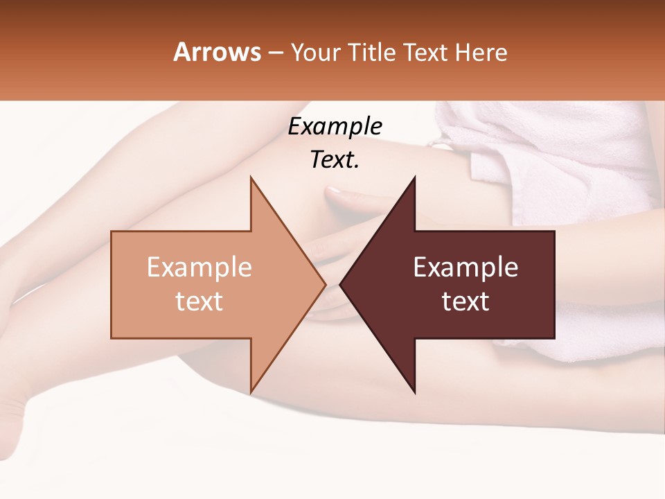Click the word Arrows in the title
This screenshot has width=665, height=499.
(217, 52)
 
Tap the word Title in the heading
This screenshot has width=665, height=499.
(371, 52)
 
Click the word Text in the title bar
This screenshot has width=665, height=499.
(425, 52)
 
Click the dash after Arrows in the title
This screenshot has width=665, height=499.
(275, 53)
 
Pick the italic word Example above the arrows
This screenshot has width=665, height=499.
(335, 127)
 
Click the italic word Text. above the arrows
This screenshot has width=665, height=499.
(335, 160)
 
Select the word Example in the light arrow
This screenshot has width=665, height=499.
(199, 268)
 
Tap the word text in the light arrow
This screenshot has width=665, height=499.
(199, 301)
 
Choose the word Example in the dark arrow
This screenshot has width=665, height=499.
(465, 268)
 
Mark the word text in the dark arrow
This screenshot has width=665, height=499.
(465, 301)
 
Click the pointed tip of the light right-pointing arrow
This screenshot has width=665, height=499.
(325, 284)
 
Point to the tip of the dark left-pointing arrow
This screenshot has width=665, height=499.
(340, 284)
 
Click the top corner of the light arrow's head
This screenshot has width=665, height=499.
(251, 178)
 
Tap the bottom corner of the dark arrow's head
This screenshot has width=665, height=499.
(414, 392)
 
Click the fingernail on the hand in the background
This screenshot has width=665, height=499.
(333, 190)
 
